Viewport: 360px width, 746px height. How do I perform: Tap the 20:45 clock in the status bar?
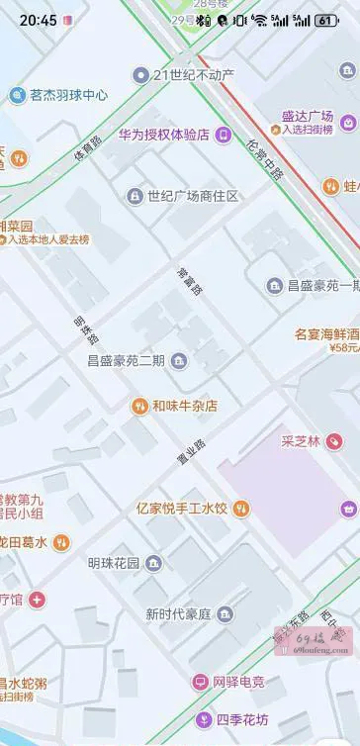[38, 20]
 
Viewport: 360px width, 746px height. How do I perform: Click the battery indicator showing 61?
[326, 20]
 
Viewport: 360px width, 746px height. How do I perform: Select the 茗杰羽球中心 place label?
[68, 95]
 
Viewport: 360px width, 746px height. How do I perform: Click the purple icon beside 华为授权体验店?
[224, 135]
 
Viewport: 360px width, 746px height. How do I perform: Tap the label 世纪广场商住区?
[193, 196]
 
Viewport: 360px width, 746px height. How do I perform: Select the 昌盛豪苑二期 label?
[126, 360]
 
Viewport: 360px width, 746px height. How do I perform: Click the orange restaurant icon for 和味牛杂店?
[139, 406]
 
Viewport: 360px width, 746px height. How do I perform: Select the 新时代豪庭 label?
[178, 614]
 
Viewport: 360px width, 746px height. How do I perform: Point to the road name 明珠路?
[82, 329]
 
